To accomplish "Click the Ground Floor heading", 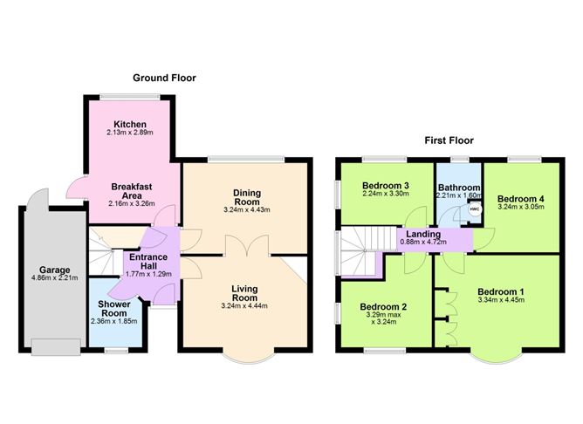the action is click(x=164, y=78).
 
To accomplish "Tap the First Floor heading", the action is click(x=449, y=140).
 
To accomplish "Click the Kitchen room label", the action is click(x=130, y=124).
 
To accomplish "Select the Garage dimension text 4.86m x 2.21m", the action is click(x=55, y=277).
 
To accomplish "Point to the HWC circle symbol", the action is click(x=475, y=209).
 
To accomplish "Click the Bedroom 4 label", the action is click(x=520, y=199).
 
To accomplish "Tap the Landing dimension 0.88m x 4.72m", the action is click(x=423, y=242).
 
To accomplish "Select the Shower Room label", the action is click(x=114, y=309).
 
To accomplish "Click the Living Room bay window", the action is click(x=249, y=358).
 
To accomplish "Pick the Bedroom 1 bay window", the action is click(x=497, y=358).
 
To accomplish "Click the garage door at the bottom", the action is click(x=56, y=347).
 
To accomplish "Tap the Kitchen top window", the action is click(x=130, y=98).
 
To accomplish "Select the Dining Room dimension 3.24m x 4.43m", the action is click(x=247, y=210).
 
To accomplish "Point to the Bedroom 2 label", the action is click(x=383, y=307).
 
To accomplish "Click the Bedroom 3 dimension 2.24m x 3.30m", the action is click(x=386, y=194).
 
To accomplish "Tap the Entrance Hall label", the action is click(x=148, y=262).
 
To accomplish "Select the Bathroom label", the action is click(x=459, y=188).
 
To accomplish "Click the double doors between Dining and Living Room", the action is click(x=247, y=245).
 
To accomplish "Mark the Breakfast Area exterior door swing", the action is click(x=76, y=188).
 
